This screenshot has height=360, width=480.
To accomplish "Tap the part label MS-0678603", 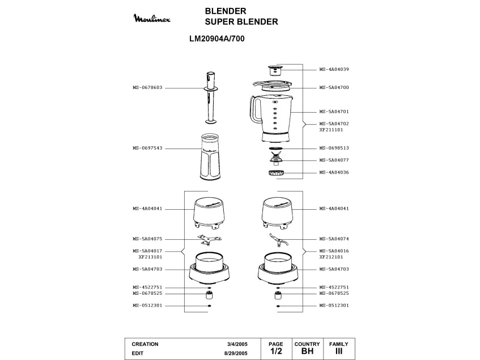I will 147,88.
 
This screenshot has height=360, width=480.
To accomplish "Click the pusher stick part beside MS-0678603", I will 211,98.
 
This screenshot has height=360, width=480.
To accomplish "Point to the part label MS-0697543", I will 147,148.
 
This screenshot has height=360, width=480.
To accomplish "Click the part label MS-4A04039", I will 334,69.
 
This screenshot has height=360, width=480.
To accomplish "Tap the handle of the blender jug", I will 254,110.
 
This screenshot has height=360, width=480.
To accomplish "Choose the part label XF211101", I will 331,130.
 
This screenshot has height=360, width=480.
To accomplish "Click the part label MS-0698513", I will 334,148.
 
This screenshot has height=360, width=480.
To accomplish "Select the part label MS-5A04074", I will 334,239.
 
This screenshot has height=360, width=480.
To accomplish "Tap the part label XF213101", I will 150,257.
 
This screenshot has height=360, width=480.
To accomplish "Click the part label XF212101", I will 331,257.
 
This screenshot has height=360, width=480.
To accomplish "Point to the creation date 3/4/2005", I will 236,344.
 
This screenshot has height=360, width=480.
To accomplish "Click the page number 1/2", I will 276,351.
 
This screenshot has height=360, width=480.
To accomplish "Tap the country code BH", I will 307,351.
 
